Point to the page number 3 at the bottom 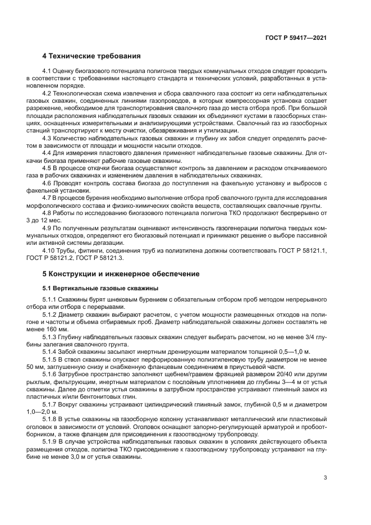(326, 478)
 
